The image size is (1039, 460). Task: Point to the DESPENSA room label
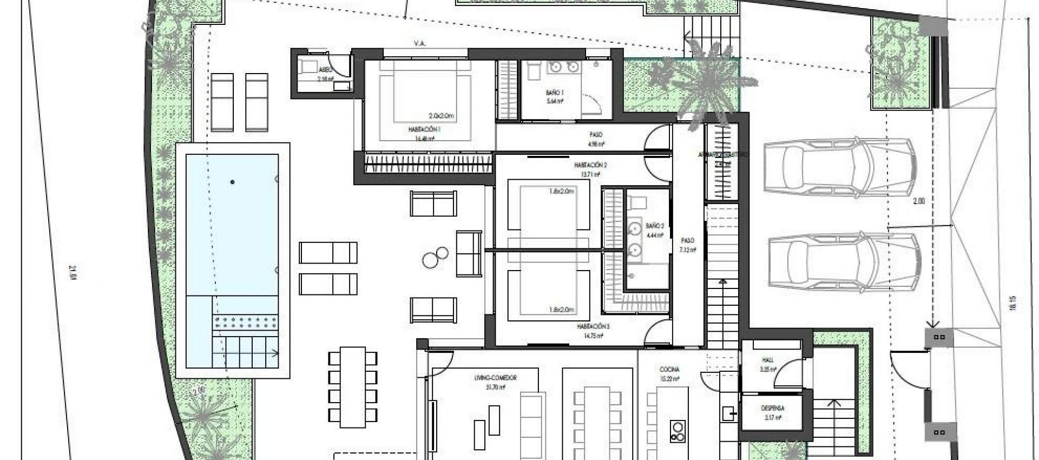[x=774, y=409]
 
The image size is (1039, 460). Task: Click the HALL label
[x=768, y=359]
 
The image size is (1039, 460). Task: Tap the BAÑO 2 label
[x=655, y=225]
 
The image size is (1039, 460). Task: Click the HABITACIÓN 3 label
[x=593, y=326]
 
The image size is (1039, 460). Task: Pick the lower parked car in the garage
[x=844, y=261]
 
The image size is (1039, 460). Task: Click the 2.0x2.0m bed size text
[x=441, y=116]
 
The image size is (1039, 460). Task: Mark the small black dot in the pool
[x=233, y=182]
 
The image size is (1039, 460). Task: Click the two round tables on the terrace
[x=436, y=257]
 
